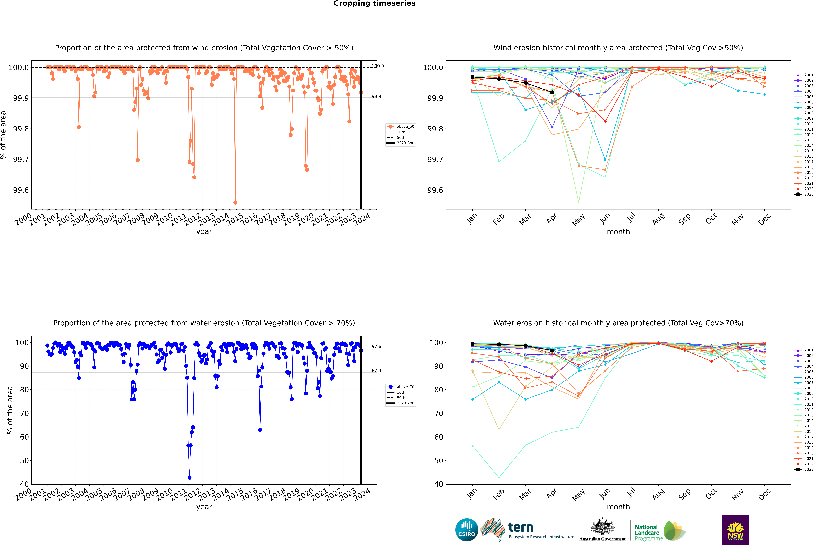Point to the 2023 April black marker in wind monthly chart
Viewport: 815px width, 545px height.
click(x=552, y=92)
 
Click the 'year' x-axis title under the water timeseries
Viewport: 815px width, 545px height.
click(x=204, y=507)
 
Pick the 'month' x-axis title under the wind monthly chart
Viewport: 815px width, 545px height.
click(x=618, y=232)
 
